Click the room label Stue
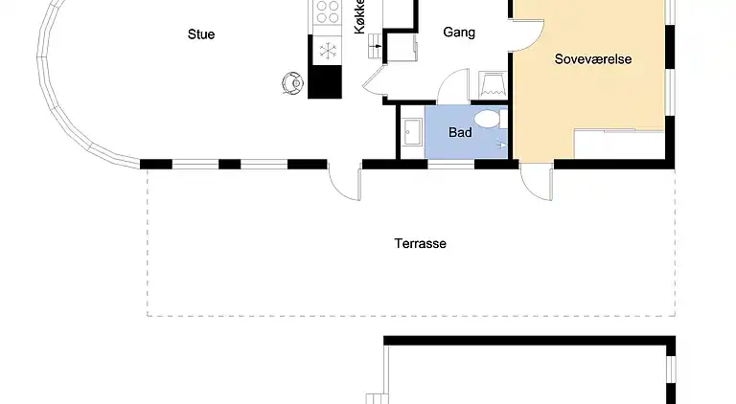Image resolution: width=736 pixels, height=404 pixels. [x=201, y=34]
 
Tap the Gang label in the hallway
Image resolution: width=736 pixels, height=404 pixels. [x=459, y=33]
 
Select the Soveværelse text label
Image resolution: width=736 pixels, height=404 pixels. [x=593, y=59]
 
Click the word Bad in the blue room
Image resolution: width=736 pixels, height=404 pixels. [x=460, y=132]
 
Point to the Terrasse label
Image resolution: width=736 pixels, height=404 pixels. [x=420, y=243]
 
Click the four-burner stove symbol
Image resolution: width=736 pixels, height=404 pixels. [x=326, y=12]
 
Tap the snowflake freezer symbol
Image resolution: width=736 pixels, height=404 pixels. [x=326, y=50]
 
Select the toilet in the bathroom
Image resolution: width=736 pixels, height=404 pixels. [x=490, y=119]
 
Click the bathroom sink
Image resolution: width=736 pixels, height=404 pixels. [x=412, y=132]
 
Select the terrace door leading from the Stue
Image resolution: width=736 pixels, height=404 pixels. [x=343, y=181]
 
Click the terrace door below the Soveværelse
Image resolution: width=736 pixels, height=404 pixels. [x=537, y=181]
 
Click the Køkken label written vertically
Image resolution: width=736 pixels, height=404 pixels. [x=360, y=17]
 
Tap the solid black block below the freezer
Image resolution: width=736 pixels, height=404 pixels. [x=325, y=81]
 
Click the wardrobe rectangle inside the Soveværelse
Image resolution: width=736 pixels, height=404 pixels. [x=618, y=144]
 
